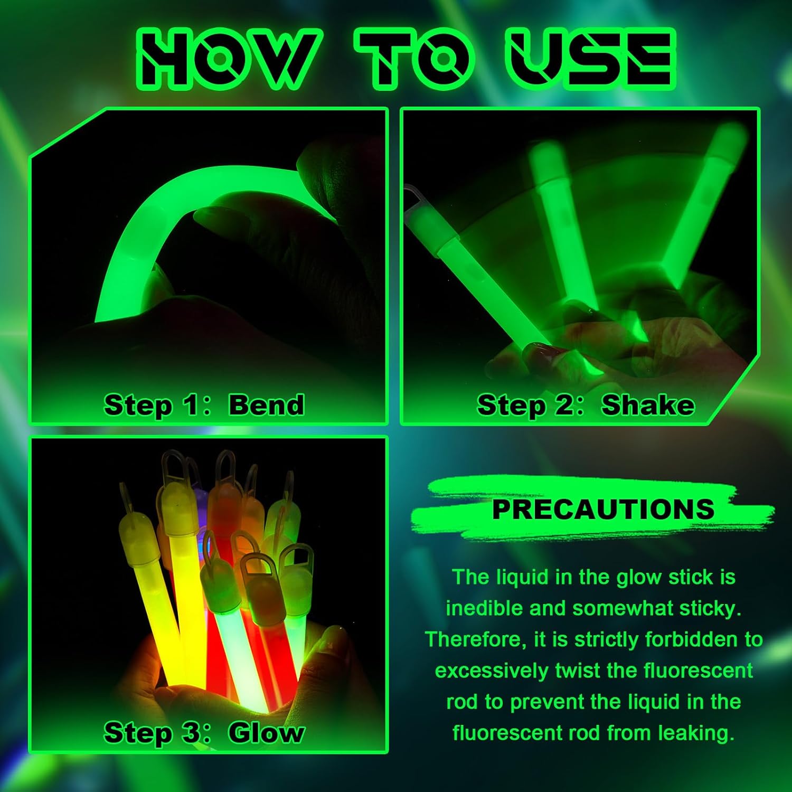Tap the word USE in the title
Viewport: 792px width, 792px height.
(588, 59)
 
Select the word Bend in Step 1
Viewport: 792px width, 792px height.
(266, 405)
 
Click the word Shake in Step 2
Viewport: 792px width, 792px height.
(648, 405)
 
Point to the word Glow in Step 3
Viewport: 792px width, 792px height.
(266, 733)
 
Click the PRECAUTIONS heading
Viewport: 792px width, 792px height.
(603, 509)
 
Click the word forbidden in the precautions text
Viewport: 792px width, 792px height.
(693, 639)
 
